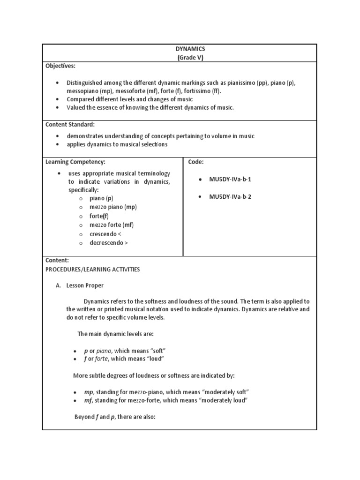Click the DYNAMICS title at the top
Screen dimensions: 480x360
(191, 49)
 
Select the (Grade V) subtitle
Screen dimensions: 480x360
(190, 58)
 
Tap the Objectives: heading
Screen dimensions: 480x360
(60, 66)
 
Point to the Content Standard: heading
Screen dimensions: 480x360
(70, 124)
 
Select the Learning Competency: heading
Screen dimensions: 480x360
(75, 162)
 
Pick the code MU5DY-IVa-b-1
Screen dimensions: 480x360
(230, 180)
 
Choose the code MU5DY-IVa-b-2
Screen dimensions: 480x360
(230, 197)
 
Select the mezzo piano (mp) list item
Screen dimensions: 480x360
(113, 207)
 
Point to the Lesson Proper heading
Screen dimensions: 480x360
(85, 285)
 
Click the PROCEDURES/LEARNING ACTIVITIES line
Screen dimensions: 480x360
(92, 270)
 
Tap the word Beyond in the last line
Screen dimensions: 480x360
(85, 417)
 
